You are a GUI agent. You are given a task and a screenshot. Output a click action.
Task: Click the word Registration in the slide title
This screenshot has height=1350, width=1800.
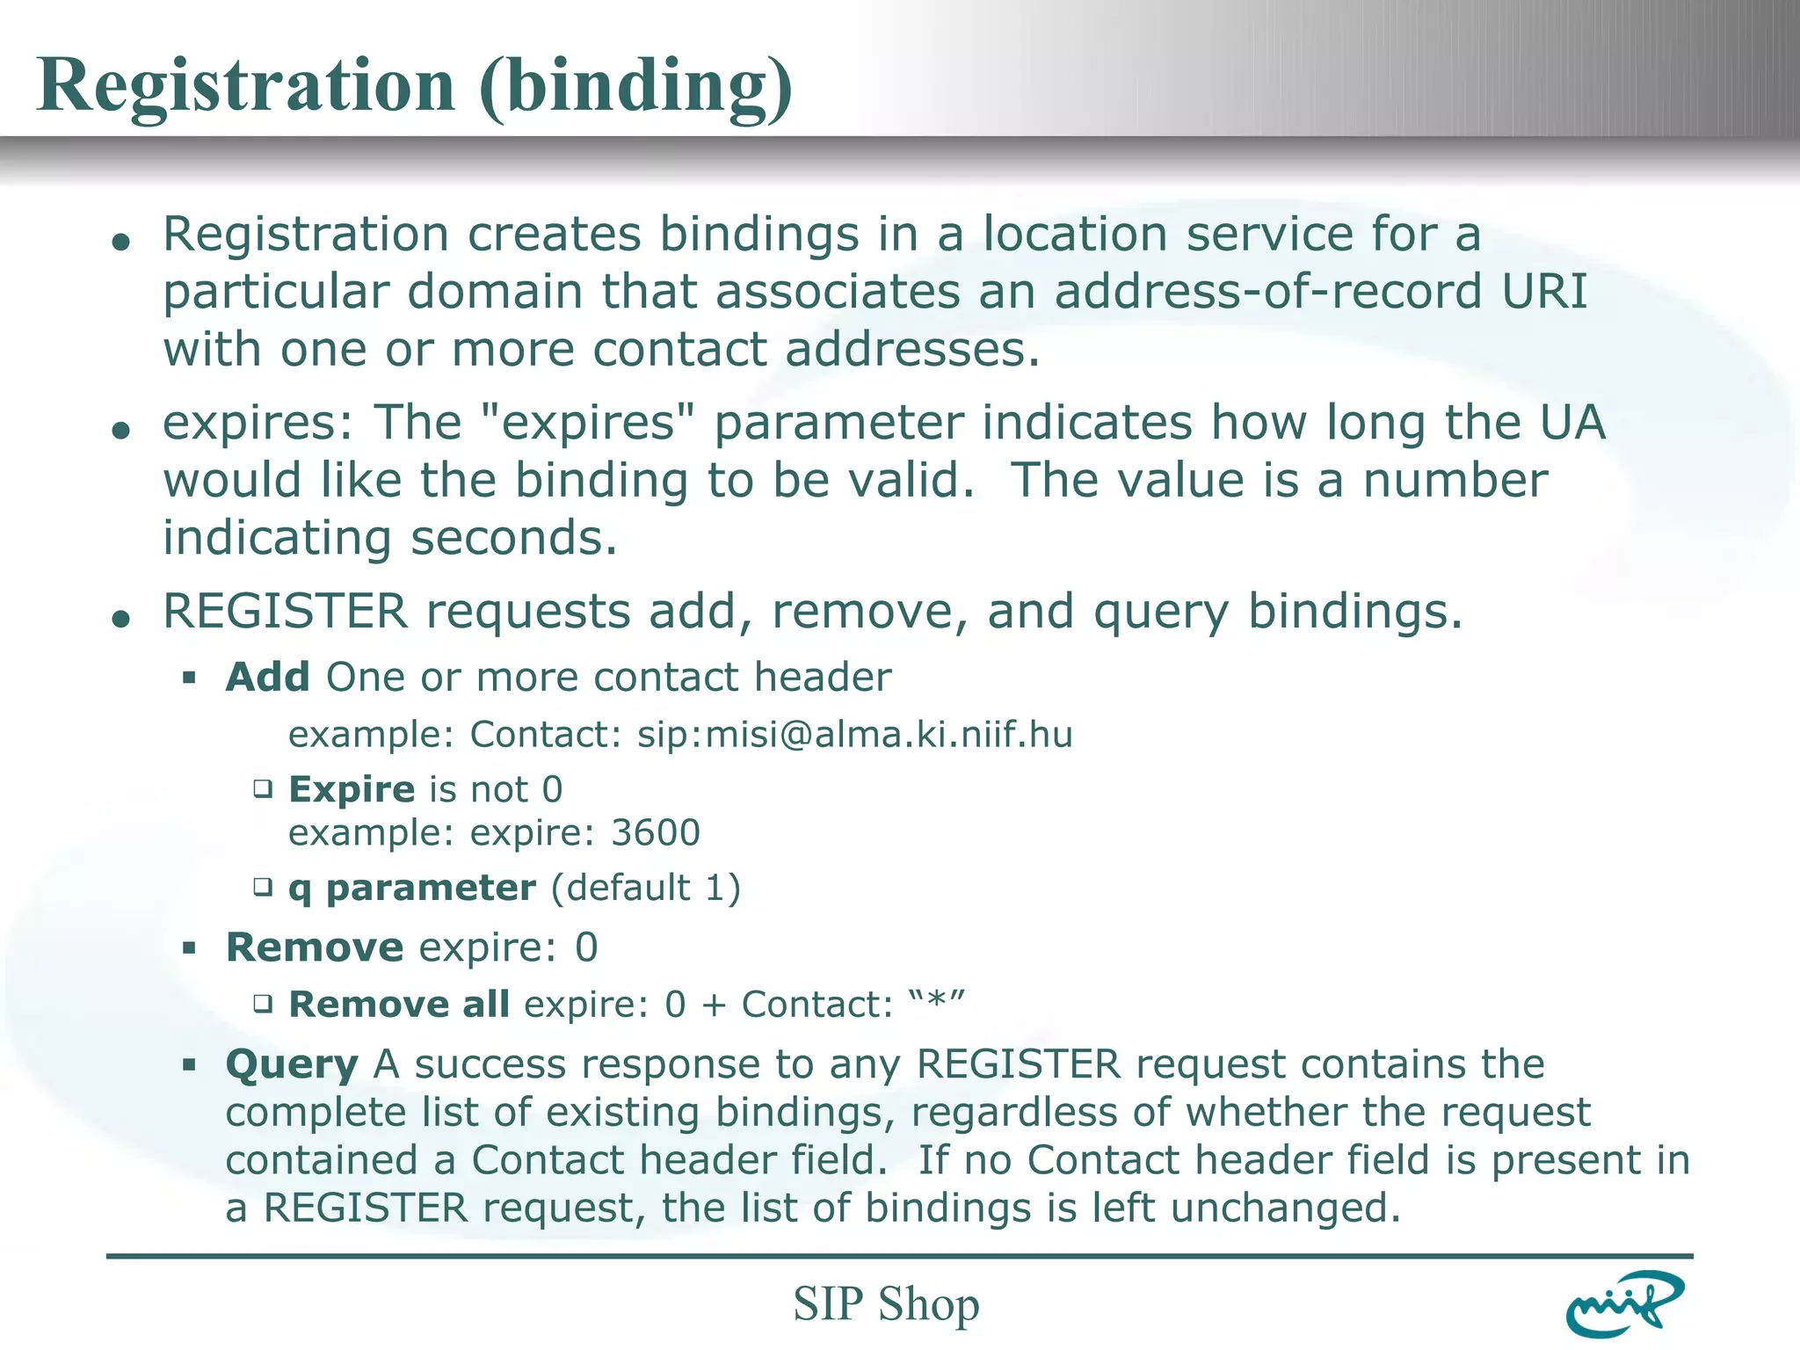(246, 85)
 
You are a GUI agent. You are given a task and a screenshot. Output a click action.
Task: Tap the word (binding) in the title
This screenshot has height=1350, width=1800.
(636, 87)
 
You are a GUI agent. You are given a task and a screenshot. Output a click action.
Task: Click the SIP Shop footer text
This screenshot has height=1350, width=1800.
(886, 1303)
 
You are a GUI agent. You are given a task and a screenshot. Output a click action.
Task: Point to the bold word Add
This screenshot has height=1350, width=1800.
(268, 678)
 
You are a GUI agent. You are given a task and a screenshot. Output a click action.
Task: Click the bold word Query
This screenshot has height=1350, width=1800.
(292, 1065)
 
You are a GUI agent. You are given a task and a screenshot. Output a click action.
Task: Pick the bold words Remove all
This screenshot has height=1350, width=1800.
(399, 1004)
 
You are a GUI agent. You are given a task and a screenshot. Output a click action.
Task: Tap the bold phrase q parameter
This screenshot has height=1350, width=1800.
(412, 889)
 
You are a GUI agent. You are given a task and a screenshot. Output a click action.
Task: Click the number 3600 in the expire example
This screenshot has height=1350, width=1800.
(656, 832)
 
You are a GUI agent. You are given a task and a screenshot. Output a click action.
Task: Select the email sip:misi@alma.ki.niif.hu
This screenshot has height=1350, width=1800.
(854, 735)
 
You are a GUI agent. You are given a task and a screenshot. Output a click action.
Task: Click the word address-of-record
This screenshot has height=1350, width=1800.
(1268, 292)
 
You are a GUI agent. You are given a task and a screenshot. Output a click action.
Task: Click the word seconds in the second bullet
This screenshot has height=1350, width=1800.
(514, 538)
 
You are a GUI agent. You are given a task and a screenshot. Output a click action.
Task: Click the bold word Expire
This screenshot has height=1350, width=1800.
(352, 789)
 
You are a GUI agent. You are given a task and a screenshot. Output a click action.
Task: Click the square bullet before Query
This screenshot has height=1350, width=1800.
(189, 1065)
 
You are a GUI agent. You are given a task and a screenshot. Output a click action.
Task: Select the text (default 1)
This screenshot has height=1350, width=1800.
(646, 889)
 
